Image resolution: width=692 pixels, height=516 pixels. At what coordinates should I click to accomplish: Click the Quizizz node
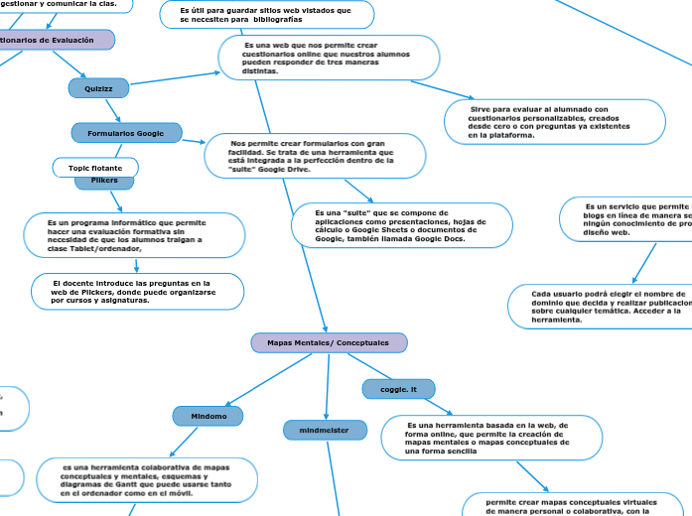[99, 88]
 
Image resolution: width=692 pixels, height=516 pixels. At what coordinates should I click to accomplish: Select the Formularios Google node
[126, 132]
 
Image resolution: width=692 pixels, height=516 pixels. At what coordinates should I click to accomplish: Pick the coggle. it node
[399, 389]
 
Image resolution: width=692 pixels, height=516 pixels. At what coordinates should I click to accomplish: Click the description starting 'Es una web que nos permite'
[329, 58]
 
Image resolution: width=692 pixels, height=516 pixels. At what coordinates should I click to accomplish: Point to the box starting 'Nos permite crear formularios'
[314, 156]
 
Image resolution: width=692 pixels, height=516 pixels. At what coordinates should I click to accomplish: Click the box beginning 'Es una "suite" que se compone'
[387, 225]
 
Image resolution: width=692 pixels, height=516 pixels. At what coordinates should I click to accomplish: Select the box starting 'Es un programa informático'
[133, 235]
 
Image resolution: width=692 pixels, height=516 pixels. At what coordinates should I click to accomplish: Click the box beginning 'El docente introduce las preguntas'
[138, 292]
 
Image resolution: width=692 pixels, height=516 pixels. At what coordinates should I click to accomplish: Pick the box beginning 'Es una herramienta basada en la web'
[490, 438]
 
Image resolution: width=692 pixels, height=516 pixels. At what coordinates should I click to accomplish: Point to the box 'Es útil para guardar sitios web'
[266, 14]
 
